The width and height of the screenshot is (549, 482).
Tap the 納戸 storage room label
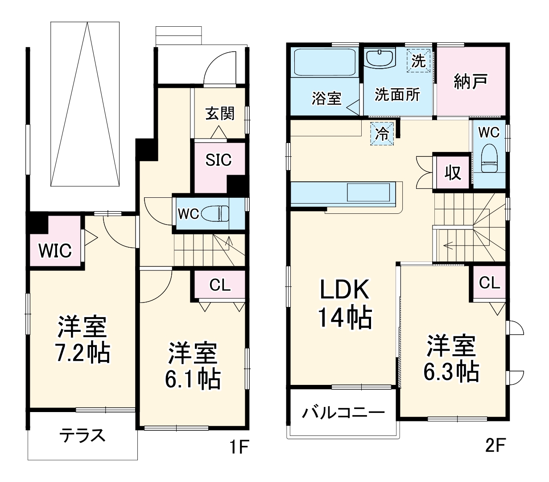click(x=470, y=82)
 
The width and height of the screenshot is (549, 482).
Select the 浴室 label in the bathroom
click(x=326, y=98)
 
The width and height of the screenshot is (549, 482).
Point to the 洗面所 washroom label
click(x=397, y=94)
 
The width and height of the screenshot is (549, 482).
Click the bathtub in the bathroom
click(x=324, y=63)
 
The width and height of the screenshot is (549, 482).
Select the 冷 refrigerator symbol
click(x=382, y=134)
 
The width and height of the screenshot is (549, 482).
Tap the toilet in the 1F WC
click(x=215, y=214)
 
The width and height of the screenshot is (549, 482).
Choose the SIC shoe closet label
click(x=219, y=159)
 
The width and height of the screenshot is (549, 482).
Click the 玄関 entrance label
click(x=219, y=114)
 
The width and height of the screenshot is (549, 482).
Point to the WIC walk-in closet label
click(x=54, y=251)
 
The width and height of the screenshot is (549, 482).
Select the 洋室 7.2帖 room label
click(x=82, y=340)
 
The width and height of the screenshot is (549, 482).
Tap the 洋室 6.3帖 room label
click(x=451, y=358)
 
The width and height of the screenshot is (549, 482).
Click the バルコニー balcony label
click(x=343, y=413)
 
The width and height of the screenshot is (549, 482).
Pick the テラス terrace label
click(x=83, y=435)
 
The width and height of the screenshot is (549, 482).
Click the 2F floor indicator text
click(x=495, y=445)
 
